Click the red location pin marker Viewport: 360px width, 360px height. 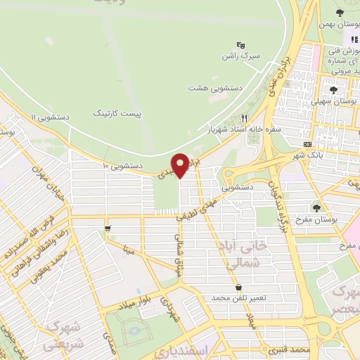click(181, 165)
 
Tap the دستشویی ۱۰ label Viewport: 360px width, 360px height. click(123, 166)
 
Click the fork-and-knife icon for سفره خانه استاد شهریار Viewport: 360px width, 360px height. click(245, 118)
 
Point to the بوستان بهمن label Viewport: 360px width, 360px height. click(339, 24)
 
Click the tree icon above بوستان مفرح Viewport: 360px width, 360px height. click(316, 207)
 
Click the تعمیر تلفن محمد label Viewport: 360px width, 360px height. click(240, 298)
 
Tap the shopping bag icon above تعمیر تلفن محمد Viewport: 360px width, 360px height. click(240, 287)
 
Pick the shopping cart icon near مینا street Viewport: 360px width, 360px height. click(107, 228)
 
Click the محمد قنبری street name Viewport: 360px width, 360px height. click(294, 349)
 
